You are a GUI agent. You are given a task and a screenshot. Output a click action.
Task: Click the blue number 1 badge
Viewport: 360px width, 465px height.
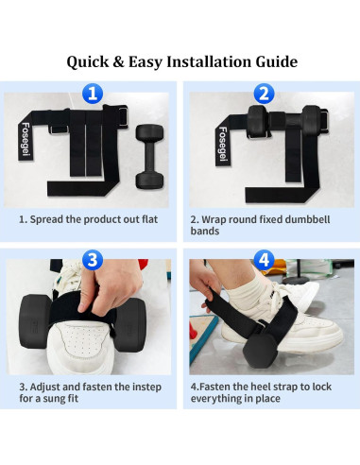point(92,94)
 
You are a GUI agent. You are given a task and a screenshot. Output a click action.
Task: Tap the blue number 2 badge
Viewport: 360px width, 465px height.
point(266,94)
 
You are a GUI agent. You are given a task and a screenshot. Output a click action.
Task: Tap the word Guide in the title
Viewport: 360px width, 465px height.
point(274,61)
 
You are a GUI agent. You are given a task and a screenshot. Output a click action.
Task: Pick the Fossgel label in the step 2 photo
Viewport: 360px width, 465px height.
point(223,143)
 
